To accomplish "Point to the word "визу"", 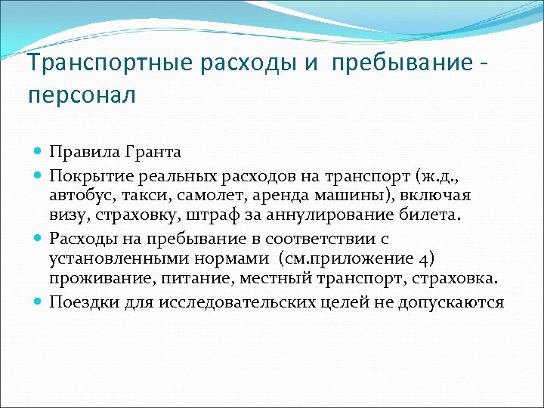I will point(66,217).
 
